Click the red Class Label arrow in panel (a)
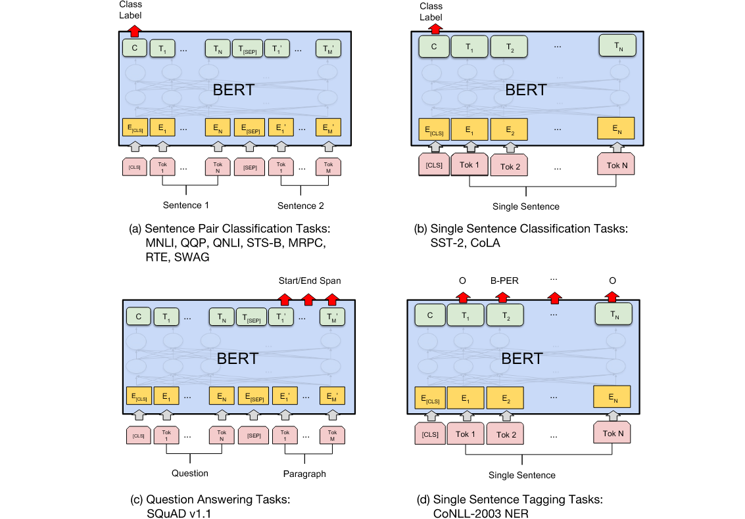pyautogui.click(x=134, y=30)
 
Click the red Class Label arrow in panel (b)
pyautogui.click(x=434, y=28)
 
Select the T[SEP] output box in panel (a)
pyautogui.click(x=247, y=49)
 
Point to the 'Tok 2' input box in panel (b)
pyautogui.click(x=510, y=166)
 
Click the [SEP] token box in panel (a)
pyautogui.click(x=249, y=167)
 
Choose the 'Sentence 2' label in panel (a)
pyautogui.click(x=300, y=206)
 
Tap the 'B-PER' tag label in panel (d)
pyautogui.click(x=504, y=281)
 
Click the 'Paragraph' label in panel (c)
pyautogui.click(x=304, y=473)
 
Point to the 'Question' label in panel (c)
pyautogui.click(x=190, y=473)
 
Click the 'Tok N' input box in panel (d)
pyautogui.click(x=612, y=433)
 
